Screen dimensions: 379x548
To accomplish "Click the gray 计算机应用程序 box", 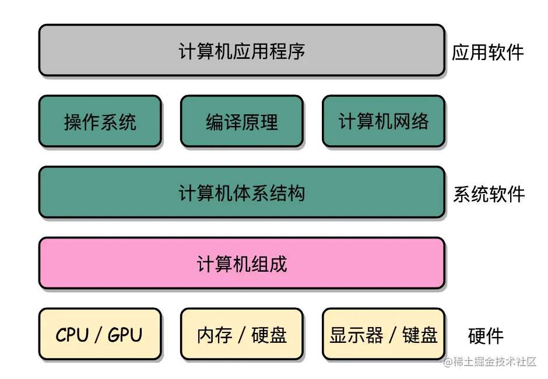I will (x=241, y=51).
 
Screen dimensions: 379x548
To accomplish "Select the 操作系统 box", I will (x=100, y=121).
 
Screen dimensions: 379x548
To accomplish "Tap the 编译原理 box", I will (x=241, y=121).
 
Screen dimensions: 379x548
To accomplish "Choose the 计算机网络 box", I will (x=383, y=121).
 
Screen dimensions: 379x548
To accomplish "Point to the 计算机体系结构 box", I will (x=241, y=192).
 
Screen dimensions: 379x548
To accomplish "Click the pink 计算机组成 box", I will (x=241, y=263).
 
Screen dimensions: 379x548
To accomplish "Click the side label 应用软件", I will (x=488, y=52).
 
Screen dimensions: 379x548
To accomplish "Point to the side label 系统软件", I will (x=489, y=194).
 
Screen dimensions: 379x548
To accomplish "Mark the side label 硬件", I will (x=486, y=336).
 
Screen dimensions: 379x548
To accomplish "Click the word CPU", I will (x=72, y=335).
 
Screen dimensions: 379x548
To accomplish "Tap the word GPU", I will (x=125, y=335).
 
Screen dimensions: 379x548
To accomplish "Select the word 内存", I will (x=215, y=335).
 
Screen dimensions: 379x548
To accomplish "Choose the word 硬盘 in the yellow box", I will (x=269, y=335).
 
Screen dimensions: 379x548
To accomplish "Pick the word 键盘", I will (x=420, y=335).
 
